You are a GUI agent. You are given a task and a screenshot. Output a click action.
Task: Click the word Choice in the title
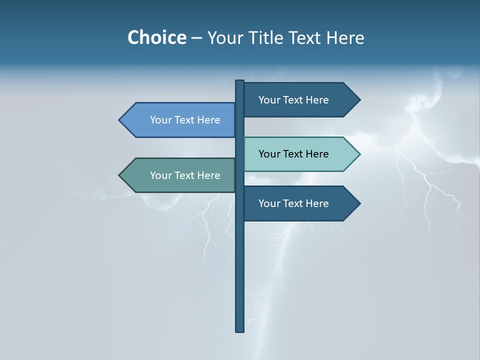(156, 37)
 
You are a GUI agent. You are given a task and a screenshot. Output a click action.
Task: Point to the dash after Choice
(196, 38)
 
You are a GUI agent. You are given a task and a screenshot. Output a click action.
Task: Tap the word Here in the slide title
(345, 37)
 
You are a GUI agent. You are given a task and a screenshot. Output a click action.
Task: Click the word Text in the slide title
(305, 37)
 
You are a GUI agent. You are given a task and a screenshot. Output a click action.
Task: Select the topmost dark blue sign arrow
(300, 99)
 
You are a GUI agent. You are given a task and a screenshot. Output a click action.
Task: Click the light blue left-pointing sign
(180, 120)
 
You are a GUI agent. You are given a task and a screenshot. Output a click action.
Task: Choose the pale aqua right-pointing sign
(300, 154)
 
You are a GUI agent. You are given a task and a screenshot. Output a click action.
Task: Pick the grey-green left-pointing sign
(180, 175)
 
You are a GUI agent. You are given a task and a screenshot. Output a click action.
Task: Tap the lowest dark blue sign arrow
(300, 203)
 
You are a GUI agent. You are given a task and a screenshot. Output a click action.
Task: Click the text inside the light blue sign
(185, 120)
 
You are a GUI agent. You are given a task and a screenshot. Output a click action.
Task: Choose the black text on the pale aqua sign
(293, 154)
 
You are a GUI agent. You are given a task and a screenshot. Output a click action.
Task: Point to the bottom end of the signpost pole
(239, 330)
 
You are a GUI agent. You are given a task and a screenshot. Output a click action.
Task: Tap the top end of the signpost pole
(239, 82)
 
